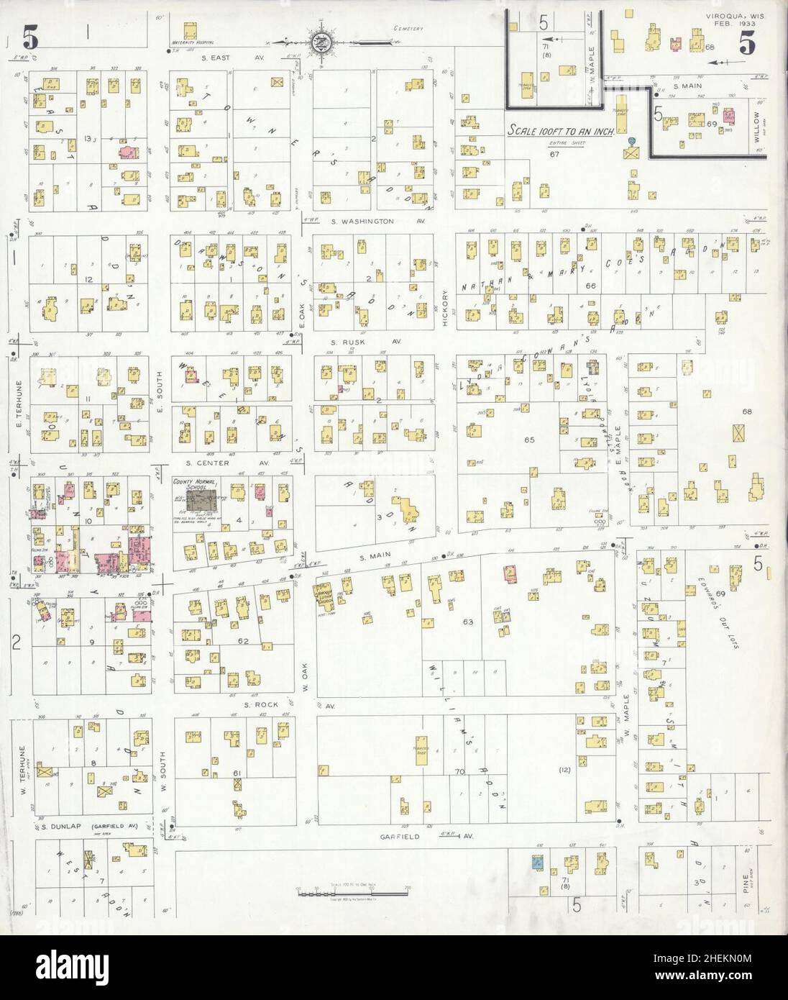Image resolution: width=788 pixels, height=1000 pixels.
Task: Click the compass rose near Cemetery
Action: coord(321,41)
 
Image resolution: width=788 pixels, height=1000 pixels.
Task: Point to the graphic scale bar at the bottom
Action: coord(352,893)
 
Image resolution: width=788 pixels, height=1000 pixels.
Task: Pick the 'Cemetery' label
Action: coord(406,29)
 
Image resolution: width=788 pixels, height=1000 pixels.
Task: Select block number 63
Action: coord(469,621)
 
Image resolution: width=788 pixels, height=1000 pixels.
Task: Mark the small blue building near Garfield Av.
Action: coord(536,862)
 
